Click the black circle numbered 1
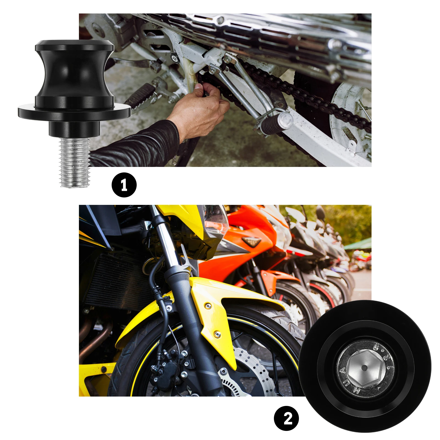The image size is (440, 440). point(124,185)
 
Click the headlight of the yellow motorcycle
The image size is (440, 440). point(216,220)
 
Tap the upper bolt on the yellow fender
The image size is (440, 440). point(208,306)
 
